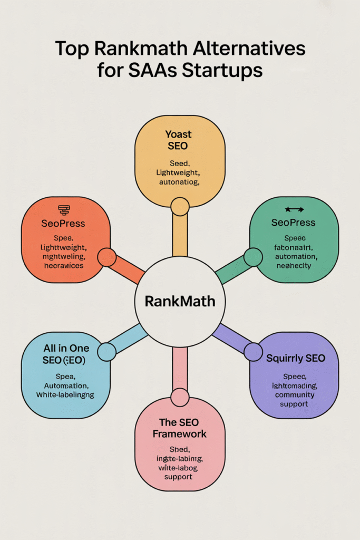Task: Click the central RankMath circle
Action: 180,302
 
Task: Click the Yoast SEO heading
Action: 180,140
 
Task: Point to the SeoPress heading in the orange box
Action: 63,223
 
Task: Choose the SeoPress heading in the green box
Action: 293,223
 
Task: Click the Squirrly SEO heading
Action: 295,359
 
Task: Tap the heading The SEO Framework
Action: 180,428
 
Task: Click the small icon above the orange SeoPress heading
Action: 64,209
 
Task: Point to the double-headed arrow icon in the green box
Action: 293,210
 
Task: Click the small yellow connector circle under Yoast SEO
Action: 180,207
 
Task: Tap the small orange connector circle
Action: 107,257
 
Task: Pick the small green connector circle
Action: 253,257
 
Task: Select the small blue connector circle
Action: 107,352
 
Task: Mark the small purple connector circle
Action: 253,352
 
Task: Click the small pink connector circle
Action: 180,398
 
